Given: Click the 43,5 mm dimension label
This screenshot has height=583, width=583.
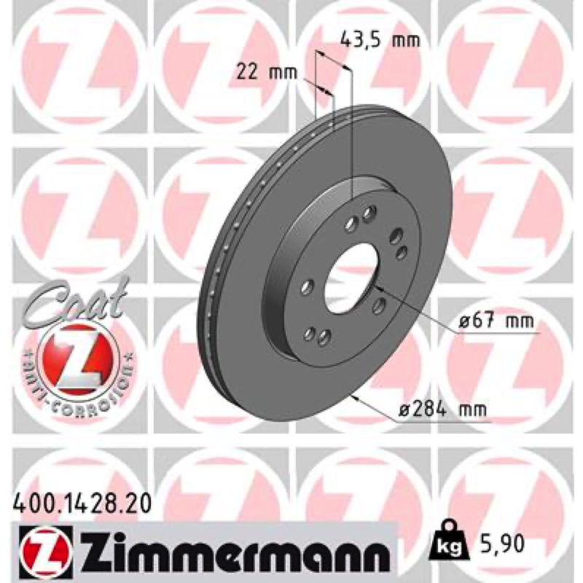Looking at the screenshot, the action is click(x=380, y=40).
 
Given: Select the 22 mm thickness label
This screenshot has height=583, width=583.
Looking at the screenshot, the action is click(x=267, y=72).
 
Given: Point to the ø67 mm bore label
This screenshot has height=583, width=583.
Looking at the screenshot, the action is click(x=496, y=321).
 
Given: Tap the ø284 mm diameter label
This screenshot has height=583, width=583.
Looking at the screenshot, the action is click(x=443, y=410).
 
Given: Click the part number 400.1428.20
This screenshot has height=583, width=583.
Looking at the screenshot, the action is click(x=82, y=504).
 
